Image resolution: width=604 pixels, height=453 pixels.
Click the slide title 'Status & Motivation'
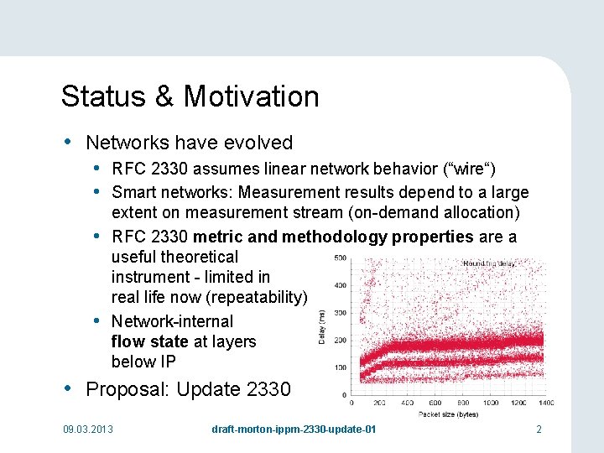[x=190, y=96]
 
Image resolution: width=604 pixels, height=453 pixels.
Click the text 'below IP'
[x=143, y=362]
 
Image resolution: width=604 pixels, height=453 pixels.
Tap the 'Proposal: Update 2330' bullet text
[x=188, y=389]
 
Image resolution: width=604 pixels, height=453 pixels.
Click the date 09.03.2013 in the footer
[x=88, y=430]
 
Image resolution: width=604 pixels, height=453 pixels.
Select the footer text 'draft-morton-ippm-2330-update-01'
[x=294, y=430]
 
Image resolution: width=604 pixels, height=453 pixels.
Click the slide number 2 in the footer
[x=539, y=430]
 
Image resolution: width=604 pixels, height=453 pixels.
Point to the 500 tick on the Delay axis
[x=341, y=258]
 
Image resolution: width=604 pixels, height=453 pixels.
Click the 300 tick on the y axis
[x=341, y=313]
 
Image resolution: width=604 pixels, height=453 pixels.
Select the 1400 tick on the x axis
[x=545, y=404]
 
